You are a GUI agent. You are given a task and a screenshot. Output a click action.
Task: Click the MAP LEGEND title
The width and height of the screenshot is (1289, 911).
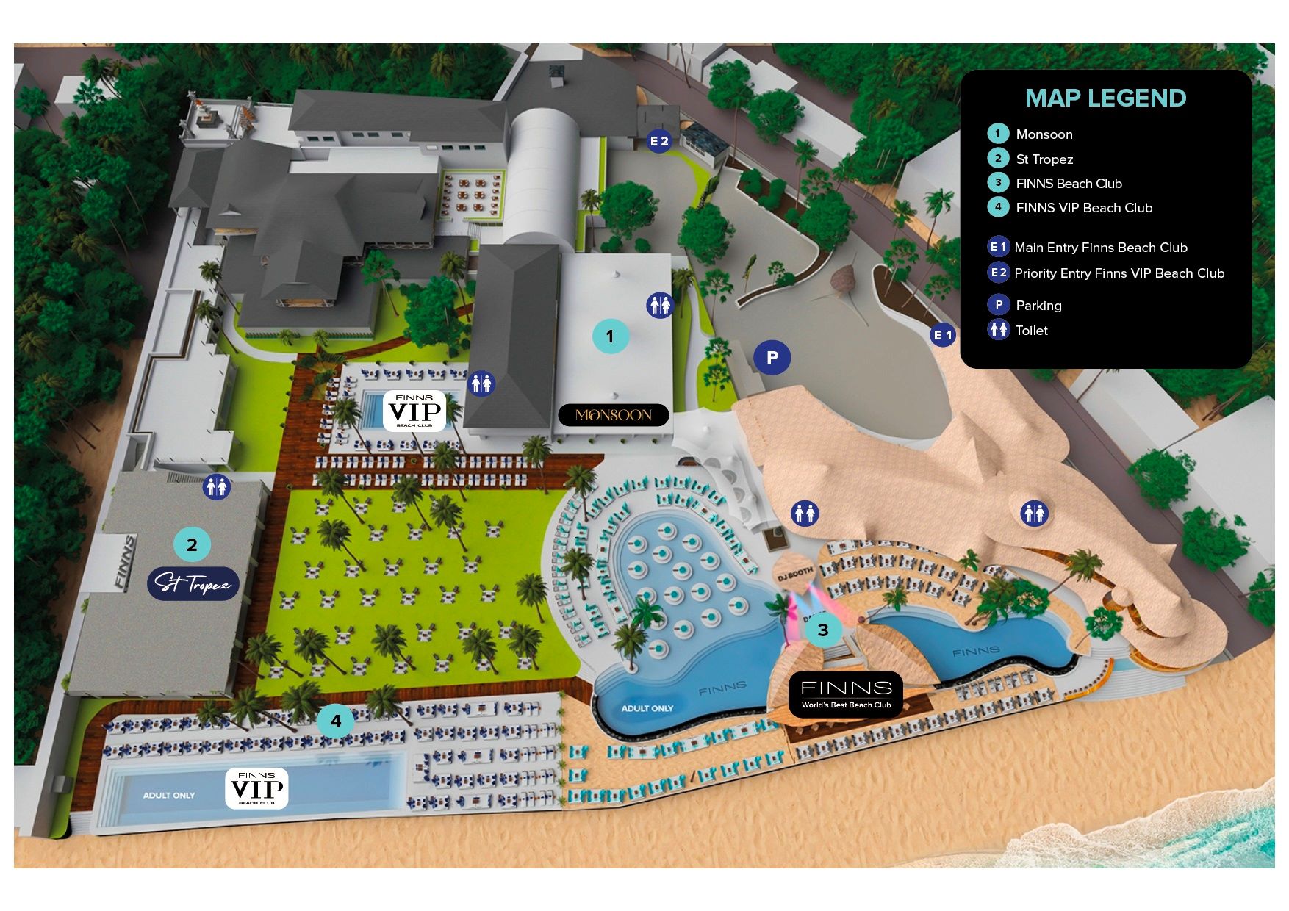(x=1105, y=98)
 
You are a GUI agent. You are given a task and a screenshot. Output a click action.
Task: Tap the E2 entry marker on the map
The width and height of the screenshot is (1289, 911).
(x=659, y=141)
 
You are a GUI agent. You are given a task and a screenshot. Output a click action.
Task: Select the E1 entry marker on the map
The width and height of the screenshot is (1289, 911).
(x=942, y=336)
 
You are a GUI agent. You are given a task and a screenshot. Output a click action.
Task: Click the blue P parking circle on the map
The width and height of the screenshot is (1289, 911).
(x=772, y=358)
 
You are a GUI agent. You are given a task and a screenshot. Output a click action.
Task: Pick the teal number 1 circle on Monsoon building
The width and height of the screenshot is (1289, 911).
(x=610, y=336)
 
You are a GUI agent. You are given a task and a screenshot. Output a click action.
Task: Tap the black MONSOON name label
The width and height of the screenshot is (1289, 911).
(x=614, y=415)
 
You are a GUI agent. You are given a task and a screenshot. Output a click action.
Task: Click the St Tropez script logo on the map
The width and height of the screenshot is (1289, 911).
(x=193, y=584)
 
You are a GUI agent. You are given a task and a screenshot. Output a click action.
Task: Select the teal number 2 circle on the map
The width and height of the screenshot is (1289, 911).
(x=192, y=545)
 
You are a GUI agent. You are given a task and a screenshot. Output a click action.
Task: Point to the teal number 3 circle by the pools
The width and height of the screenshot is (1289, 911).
(x=823, y=630)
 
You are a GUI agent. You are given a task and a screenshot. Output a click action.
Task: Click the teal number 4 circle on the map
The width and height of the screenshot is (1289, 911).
(x=336, y=721)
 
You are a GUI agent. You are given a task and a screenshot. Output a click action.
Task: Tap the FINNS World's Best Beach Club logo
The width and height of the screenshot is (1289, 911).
(x=846, y=694)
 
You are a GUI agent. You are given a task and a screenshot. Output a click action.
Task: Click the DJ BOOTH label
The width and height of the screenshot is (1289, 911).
(x=794, y=574)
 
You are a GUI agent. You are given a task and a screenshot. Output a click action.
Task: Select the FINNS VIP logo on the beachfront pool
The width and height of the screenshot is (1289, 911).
(x=256, y=788)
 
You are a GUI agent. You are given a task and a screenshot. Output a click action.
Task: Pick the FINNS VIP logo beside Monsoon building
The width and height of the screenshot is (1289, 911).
(x=414, y=411)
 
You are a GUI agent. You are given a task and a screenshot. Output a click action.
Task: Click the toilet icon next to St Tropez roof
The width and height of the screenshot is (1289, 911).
(x=217, y=486)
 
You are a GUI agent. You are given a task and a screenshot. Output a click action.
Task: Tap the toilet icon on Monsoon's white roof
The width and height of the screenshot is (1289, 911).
(x=660, y=304)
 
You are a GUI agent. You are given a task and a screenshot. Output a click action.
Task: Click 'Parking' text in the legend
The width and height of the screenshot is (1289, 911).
(x=1038, y=306)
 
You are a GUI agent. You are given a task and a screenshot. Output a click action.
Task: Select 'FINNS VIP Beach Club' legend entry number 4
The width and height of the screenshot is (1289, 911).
(x=1084, y=208)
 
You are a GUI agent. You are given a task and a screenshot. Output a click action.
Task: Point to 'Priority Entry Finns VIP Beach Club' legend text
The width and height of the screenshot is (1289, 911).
(x=1119, y=273)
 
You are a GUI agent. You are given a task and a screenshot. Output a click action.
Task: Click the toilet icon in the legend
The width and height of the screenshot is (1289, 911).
(x=998, y=330)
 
